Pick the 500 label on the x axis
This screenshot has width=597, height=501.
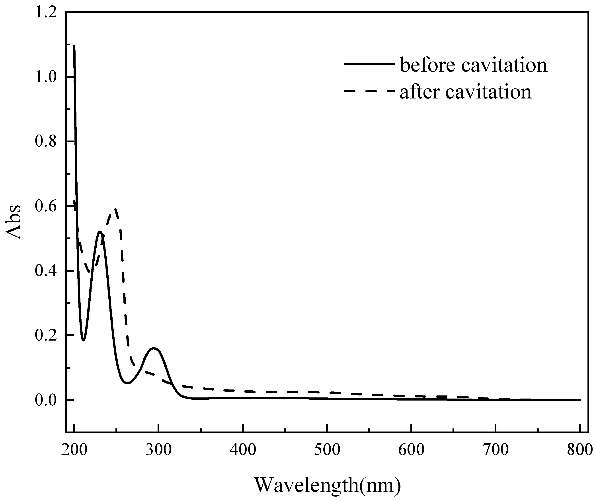(x=327, y=450)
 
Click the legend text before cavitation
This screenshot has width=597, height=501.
(x=474, y=65)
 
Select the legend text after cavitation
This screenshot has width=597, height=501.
(x=466, y=92)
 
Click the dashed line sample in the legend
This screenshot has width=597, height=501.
(x=369, y=91)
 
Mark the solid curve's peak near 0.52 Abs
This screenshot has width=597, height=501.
(x=99, y=231)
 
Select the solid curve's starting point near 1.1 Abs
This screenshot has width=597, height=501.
(x=74, y=45)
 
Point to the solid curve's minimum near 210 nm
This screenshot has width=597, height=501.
(x=83, y=340)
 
